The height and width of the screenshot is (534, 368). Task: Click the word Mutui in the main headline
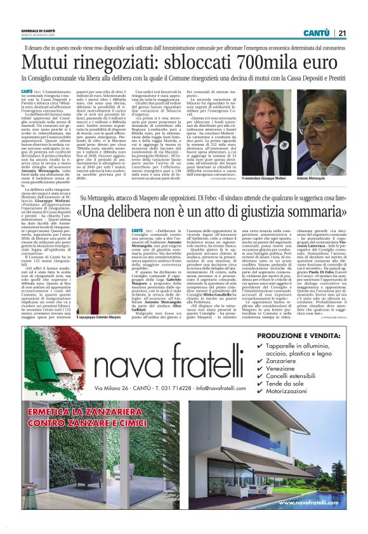(48, 62)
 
